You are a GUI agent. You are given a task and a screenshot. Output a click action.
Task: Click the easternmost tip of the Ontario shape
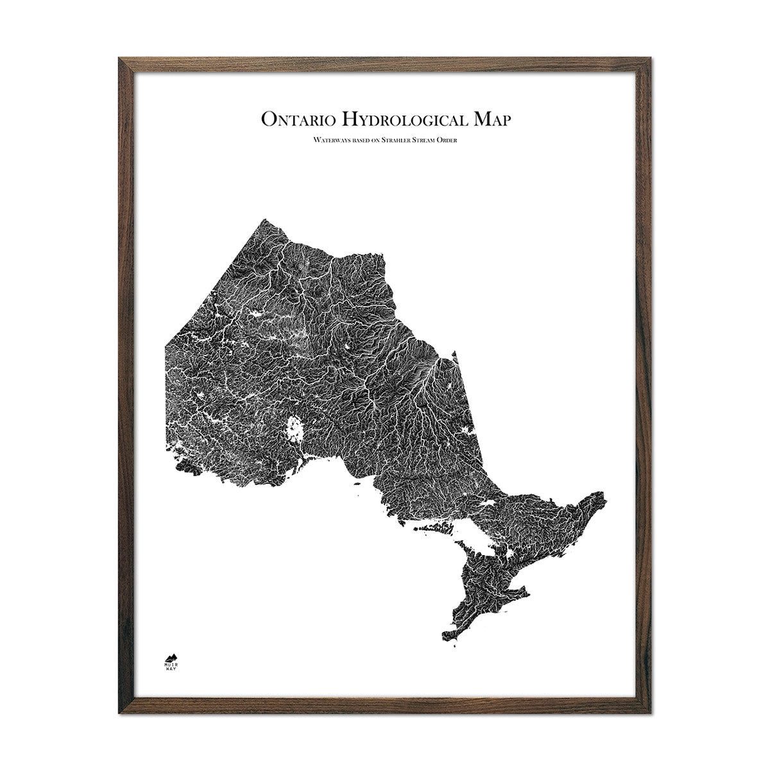click(x=605, y=496)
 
